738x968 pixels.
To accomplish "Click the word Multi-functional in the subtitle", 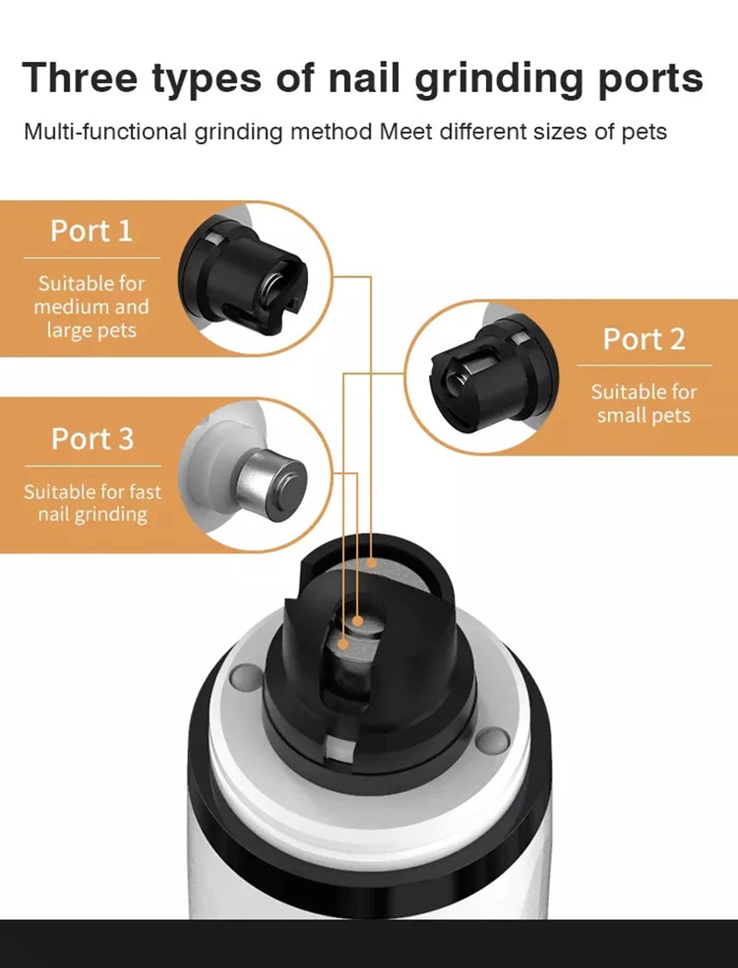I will [105, 131].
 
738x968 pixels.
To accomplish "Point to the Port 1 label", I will [91, 230].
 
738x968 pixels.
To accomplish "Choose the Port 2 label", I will [644, 338].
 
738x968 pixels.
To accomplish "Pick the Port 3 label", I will [91, 439].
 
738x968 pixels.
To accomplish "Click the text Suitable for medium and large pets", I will [91, 306].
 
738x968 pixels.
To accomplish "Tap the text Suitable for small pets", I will [644, 403].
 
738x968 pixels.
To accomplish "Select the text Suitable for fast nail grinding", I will [91, 502].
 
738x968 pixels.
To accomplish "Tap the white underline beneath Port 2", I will [644, 367].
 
